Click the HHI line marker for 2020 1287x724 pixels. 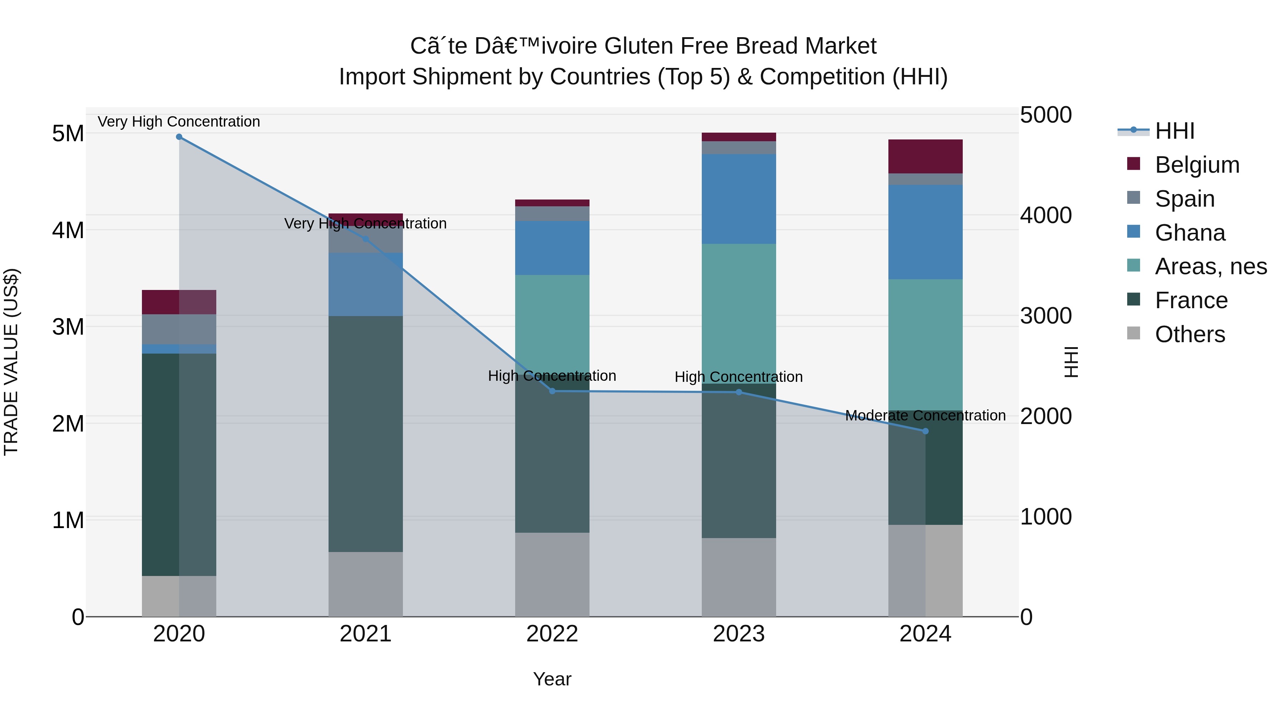tap(179, 137)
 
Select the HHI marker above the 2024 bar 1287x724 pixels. tap(925, 431)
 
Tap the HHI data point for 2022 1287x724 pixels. tap(552, 391)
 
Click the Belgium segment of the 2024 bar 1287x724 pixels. tap(925, 156)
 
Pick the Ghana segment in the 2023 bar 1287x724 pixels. tap(739, 199)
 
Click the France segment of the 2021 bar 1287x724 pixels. tap(365, 434)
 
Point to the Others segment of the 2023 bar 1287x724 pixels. tap(739, 577)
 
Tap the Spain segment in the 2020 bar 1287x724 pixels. tap(179, 329)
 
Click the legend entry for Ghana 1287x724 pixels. tap(1189, 233)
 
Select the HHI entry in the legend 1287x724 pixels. tap(1174, 131)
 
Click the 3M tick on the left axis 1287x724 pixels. tap(68, 327)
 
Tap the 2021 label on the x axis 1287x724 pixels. tap(365, 634)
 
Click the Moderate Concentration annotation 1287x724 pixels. tap(925, 416)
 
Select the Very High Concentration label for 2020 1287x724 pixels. tap(179, 122)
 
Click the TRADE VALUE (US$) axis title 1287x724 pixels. tap(11, 362)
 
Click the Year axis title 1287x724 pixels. tap(552, 679)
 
